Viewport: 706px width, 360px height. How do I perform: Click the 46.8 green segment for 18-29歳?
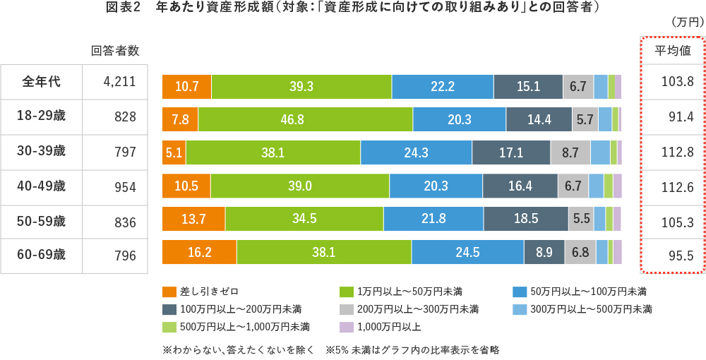305,119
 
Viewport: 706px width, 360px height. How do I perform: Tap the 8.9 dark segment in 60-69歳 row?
544,252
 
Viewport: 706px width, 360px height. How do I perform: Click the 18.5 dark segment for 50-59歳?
525,219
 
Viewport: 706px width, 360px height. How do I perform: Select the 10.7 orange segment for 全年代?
186,86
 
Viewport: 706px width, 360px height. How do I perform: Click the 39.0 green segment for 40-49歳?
299,186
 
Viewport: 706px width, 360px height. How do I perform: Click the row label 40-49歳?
42,186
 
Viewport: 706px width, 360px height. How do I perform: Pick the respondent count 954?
124,186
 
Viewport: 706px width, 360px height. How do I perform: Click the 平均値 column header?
676,50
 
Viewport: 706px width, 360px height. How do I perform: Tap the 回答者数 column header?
115,50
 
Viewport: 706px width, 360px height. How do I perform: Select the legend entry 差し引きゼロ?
201,292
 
